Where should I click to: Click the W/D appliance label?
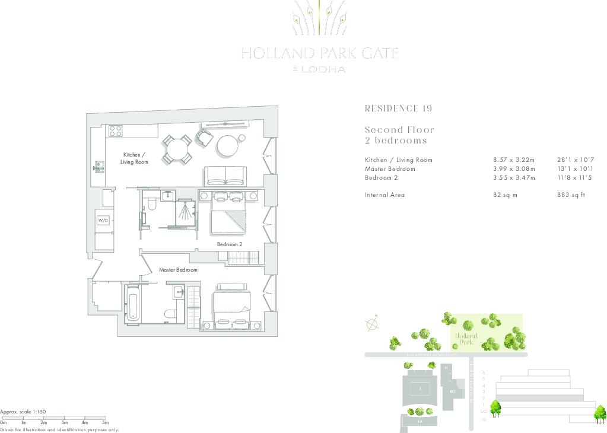(103, 220)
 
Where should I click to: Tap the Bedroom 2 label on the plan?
(230, 244)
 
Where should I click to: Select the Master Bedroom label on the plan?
(178, 270)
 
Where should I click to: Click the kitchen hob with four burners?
(115, 130)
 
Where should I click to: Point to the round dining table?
(177, 149)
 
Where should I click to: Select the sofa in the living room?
(226, 176)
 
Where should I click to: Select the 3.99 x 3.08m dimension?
(514, 169)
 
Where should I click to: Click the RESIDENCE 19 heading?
(398, 109)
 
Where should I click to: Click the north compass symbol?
(373, 323)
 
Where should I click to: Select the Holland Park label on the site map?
(466, 339)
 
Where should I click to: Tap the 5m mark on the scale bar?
(105, 422)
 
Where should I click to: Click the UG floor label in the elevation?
(484, 411)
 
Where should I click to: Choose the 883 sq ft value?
(571, 195)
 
